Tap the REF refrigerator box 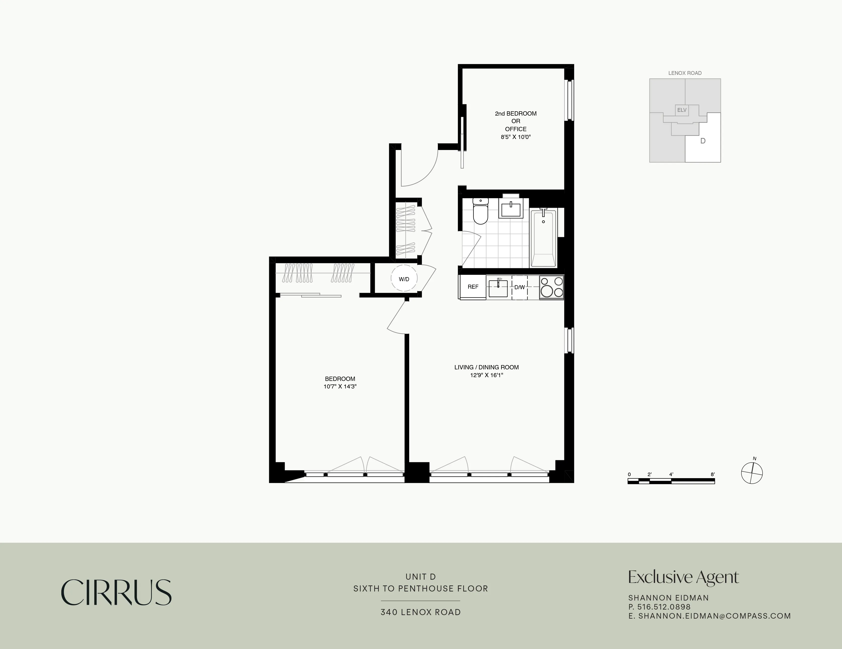[x=473, y=287]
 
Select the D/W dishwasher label [x=519, y=287]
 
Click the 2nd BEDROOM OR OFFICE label [x=516, y=121]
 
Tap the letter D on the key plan [x=703, y=141]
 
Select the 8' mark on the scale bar [x=713, y=474]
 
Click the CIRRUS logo [x=116, y=592]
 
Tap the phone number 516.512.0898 [x=664, y=607]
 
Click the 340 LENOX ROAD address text [x=420, y=612]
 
